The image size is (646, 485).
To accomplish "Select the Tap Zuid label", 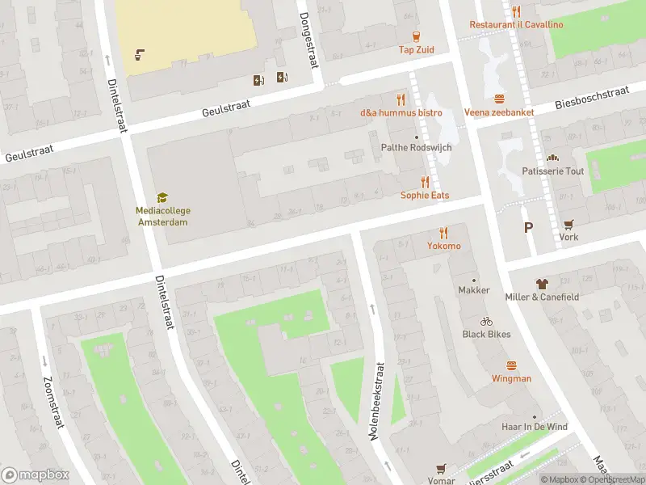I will [x=416, y=50].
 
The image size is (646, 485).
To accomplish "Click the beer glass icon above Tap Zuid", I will [x=416, y=36].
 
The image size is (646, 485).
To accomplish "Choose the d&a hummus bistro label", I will [x=401, y=112].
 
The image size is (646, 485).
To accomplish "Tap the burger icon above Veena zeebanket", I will [x=499, y=99].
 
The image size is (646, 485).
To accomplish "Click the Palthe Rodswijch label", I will [x=417, y=148].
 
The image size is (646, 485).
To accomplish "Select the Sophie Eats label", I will [x=425, y=196].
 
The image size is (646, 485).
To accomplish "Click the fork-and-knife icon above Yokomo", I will [x=444, y=232].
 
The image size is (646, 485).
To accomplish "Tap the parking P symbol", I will [x=528, y=228].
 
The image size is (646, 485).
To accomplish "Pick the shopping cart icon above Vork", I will [x=568, y=224].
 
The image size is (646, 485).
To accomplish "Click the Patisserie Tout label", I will [x=552, y=171].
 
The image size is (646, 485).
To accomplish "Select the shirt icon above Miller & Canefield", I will [x=541, y=284].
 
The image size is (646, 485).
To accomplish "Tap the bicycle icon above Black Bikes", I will [x=486, y=321].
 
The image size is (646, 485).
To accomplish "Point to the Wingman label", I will [x=512, y=378].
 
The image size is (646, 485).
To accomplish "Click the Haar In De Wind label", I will [x=534, y=427].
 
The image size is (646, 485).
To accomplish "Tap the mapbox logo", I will [x=36, y=475].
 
